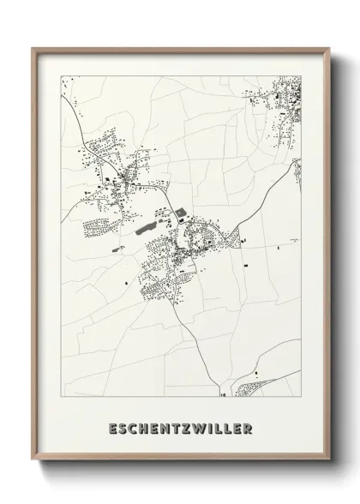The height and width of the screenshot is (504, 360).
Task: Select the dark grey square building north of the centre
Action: click(x=179, y=214)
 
